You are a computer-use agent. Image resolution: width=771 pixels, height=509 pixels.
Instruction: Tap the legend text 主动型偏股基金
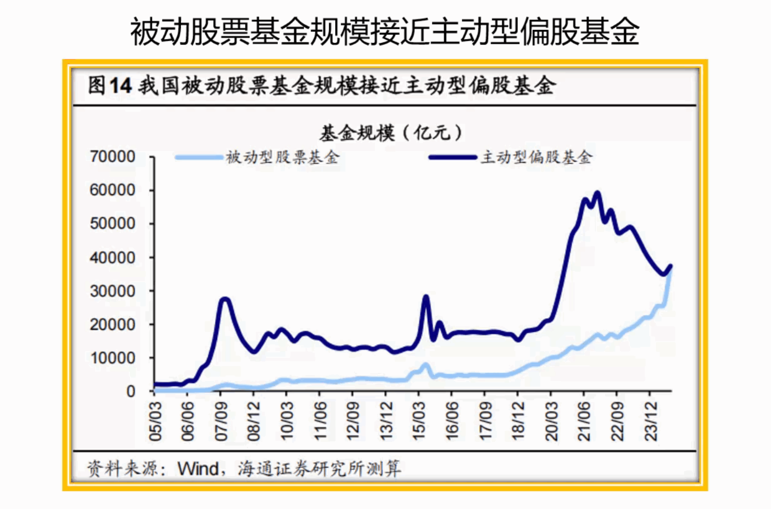(x=536, y=157)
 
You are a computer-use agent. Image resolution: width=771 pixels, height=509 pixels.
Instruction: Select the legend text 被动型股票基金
(x=284, y=157)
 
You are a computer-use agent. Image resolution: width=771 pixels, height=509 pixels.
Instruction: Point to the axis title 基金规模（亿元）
(x=391, y=132)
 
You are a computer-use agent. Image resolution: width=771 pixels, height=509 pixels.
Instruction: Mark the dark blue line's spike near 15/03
(x=426, y=296)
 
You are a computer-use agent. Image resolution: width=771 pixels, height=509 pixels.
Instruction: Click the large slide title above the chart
(x=385, y=32)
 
